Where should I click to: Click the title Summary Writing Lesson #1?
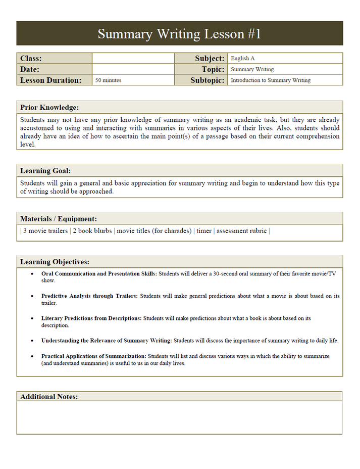click(179, 34)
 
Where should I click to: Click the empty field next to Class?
click(133, 59)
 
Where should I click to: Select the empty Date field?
click(133, 69)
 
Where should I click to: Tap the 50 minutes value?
click(109, 80)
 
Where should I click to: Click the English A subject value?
click(243, 59)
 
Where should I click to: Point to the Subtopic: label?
click(208, 80)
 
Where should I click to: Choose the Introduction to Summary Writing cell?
click(271, 80)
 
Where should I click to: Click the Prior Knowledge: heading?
click(49, 107)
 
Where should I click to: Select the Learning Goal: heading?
click(49, 171)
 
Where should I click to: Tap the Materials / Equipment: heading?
click(59, 219)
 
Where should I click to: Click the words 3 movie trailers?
click(45, 231)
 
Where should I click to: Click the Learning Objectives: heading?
click(55, 262)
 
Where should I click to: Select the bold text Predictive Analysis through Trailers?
click(89, 296)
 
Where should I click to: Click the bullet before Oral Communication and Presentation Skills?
click(32, 274)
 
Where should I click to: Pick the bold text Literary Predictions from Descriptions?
click(91, 318)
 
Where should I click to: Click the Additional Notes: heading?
click(49, 397)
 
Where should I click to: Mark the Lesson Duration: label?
click(50, 80)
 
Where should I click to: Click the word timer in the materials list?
click(204, 231)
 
